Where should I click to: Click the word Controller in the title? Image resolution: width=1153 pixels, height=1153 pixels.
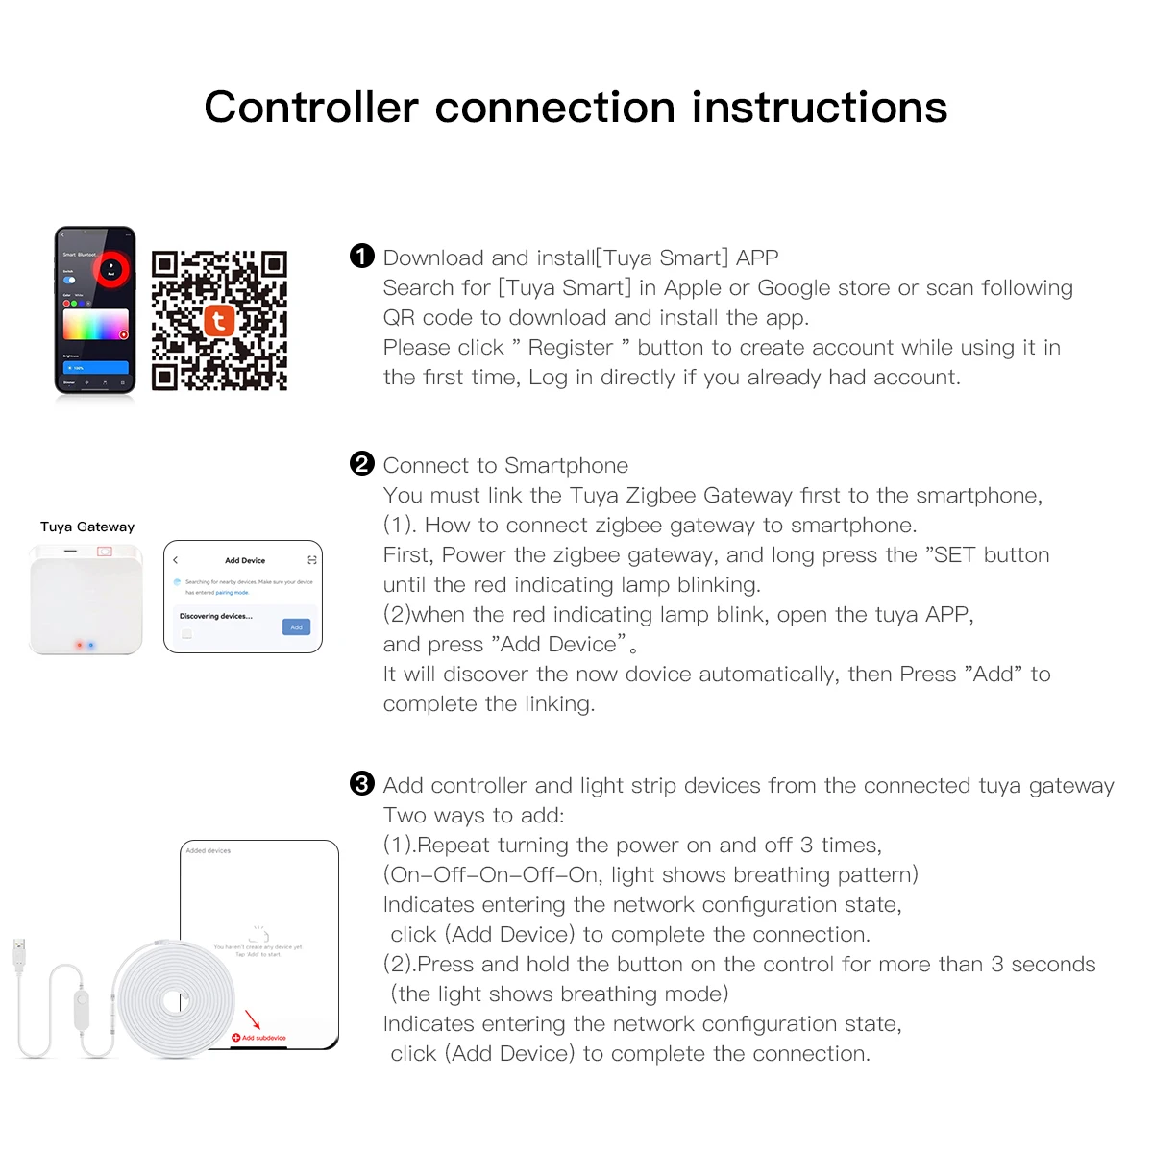point(311,107)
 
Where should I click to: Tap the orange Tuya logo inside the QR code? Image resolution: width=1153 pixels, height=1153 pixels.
point(219,320)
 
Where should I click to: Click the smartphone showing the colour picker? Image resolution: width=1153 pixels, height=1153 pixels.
point(95,310)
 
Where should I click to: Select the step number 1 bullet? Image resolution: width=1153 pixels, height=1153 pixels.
point(361,256)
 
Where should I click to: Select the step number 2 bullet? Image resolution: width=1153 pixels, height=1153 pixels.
point(361,464)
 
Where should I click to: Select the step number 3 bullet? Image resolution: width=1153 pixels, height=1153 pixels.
point(361,784)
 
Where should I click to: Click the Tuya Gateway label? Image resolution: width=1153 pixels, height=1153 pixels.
point(87,527)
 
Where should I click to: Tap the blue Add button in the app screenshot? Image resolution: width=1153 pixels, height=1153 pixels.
point(296,626)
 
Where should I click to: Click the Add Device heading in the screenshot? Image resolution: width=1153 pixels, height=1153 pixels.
point(245,560)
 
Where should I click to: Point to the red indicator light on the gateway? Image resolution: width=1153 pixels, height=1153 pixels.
point(80,645)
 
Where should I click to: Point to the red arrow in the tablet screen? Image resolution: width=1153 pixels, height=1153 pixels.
point(253,1019)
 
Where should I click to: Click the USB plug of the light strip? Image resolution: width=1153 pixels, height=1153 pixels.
point(18,954)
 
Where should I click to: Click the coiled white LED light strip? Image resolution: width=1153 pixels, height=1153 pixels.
point(173,1000)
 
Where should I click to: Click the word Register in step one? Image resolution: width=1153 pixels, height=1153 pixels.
point(570,348)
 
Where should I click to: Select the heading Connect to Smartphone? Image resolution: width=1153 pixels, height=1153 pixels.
point(505,466)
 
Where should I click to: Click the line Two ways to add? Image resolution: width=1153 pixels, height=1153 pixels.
point(474,816)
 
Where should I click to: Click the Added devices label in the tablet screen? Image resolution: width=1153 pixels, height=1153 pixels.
point(208,850)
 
